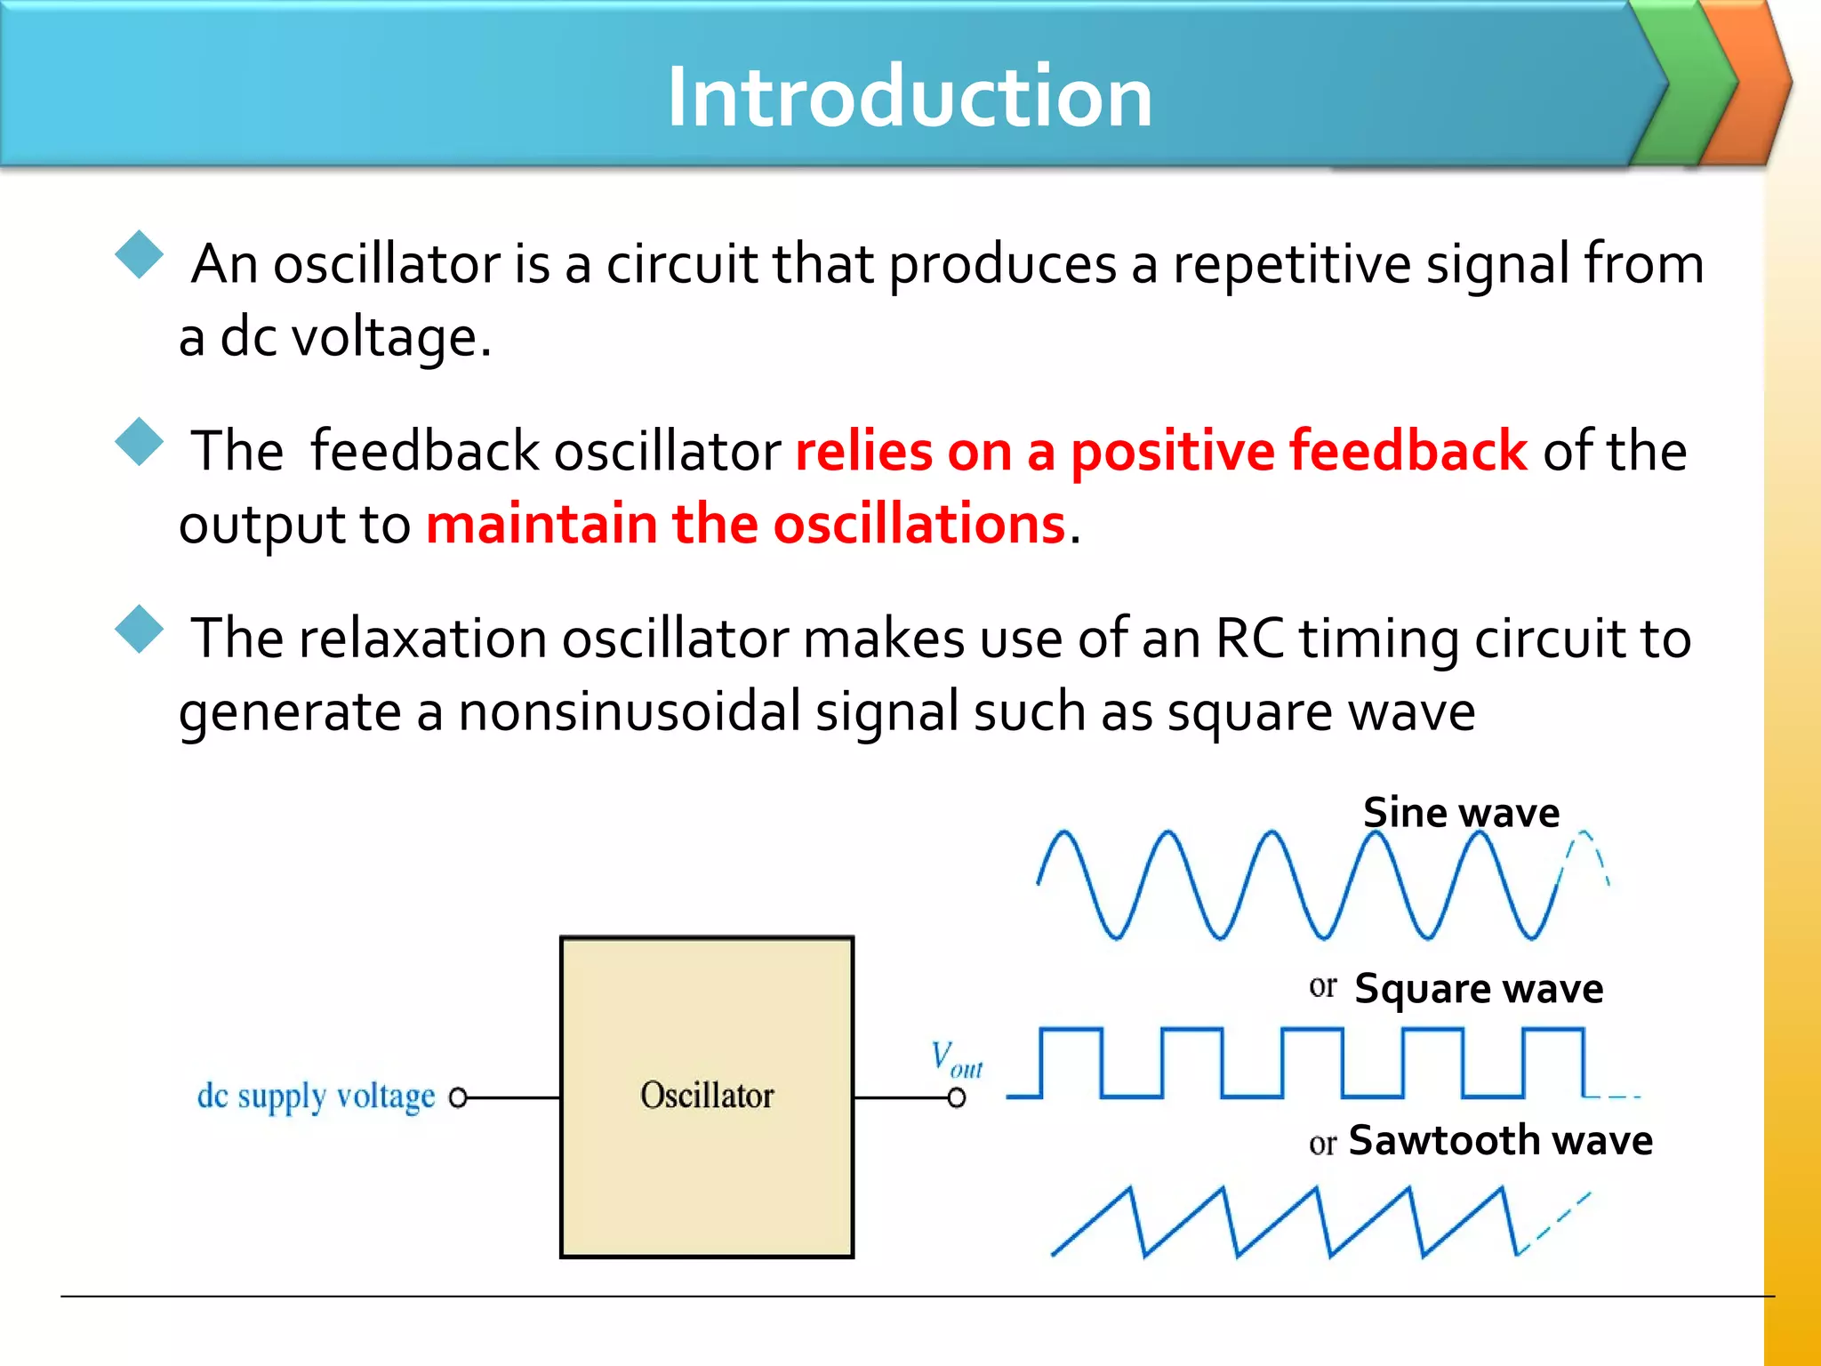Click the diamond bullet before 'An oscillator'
(140, 255)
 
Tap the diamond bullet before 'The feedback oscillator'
(140, 442)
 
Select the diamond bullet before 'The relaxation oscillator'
(140, 630)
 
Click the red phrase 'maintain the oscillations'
(745, 524)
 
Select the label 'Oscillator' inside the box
(707, 1096)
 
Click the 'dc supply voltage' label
(316, 1097)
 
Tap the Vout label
(956, 1058)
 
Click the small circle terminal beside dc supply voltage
(458, 1098)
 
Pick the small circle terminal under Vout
(956, 1098)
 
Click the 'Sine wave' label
(1461, 812)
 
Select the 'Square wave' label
(1478, 988)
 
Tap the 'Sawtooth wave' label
(1500, 1140)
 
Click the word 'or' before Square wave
(1322, 986)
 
